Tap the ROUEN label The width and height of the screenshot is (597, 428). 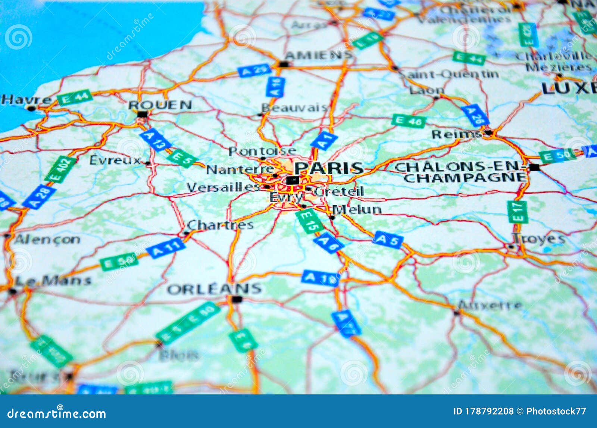click(160, 105)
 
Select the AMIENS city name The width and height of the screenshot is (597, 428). click(318, 55)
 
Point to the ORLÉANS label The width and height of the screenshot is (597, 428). click(214, 289)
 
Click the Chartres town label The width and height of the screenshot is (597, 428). click(220, 225)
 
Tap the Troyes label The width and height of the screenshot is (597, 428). click(539, 238)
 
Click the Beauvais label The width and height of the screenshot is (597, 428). click(294, 108)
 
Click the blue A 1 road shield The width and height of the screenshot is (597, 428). click(324, 141)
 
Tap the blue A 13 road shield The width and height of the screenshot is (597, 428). click(155, 140)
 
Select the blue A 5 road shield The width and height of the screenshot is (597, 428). click(388, 240)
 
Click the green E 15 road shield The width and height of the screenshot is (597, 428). click(309, 221)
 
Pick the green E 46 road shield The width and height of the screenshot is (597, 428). click(409, 121)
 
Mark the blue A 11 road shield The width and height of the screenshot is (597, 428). click(166, 248)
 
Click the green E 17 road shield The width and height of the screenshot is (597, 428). click(517, 212)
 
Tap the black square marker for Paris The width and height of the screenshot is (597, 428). click(293, 181)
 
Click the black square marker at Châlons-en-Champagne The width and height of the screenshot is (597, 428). click(534, 167)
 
